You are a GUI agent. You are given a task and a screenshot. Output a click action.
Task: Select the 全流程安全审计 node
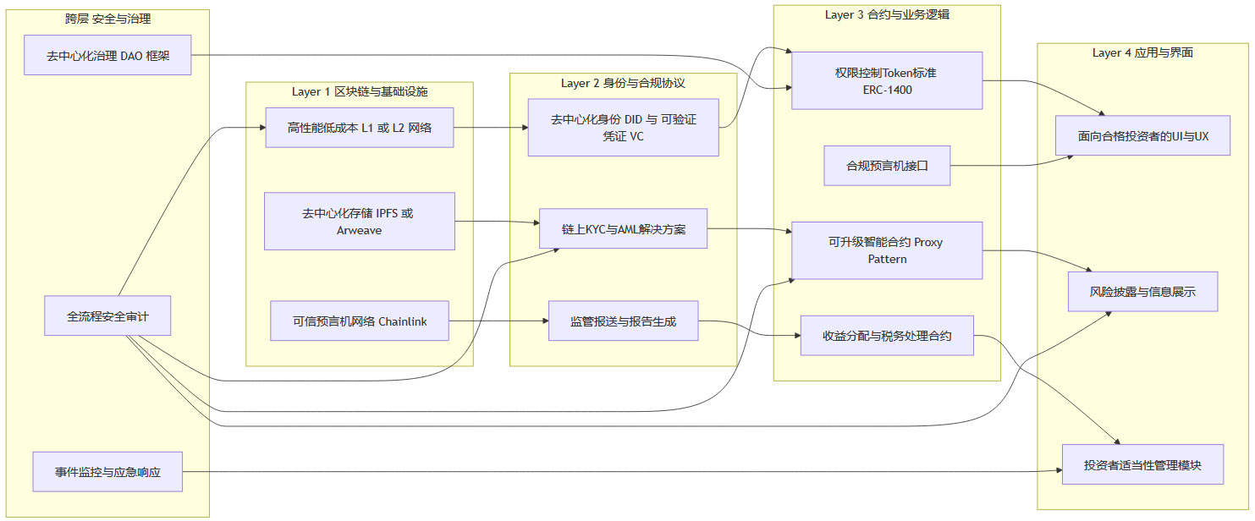point(107,316)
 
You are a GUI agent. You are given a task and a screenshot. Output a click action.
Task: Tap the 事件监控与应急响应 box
point(107,471)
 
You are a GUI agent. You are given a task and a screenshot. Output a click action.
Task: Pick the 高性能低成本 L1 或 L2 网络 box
point(359,128)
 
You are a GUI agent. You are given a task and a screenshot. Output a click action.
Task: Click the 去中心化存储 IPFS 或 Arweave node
point(359,221)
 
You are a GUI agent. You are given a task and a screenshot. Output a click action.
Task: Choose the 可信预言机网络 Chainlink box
point(359,321)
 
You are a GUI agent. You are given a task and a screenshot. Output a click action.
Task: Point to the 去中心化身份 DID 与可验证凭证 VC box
point(623,128)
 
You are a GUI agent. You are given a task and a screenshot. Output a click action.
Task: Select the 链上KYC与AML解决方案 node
point(623,228)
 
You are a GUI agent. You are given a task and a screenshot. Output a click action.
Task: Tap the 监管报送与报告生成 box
point(623,321)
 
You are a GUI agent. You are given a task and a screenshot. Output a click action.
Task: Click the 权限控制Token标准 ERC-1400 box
point(886,80)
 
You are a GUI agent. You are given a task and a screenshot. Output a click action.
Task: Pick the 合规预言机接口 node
point(886,166)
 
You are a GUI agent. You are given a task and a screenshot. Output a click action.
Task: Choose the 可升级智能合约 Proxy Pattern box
point(886,250)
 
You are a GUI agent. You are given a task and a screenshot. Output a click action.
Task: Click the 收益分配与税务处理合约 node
point(886,336)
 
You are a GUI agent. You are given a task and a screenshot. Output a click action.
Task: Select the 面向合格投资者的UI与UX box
point(1142,135)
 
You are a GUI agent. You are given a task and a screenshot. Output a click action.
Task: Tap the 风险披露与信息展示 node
point(1142,292)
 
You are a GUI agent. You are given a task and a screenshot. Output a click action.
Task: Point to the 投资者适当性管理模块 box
point(1142,464)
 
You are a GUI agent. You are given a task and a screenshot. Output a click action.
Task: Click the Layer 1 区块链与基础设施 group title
point(359,90)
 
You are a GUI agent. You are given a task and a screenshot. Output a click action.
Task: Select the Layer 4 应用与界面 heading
point(1142,52)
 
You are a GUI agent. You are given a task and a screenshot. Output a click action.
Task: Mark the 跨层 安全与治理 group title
point(107,18)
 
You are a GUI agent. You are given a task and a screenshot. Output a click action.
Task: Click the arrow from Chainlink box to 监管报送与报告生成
point(499,321)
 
